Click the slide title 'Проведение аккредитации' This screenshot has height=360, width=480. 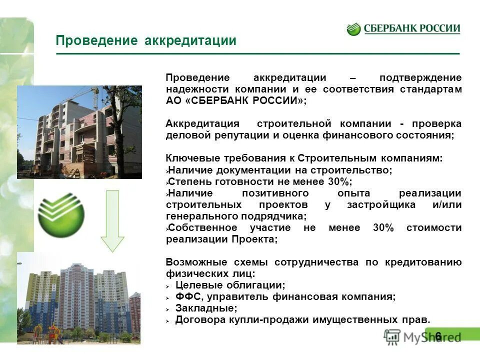[145, 40]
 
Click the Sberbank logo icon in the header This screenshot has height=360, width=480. [353, 29]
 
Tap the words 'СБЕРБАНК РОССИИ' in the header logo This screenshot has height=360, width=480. [410, 28]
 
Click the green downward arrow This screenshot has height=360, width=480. [112, 220]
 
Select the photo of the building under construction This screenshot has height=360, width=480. [79, 128]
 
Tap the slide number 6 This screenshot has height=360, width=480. [438, 336]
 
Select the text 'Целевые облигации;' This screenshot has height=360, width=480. [230, 285]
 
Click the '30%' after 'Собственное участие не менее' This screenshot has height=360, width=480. [383, 228]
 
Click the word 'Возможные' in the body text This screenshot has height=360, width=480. [194, 262]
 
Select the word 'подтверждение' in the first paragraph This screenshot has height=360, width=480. [420, 78]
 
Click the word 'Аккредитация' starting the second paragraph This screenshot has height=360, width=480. [202, 124]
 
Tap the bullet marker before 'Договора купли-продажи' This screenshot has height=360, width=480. [169, 320]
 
